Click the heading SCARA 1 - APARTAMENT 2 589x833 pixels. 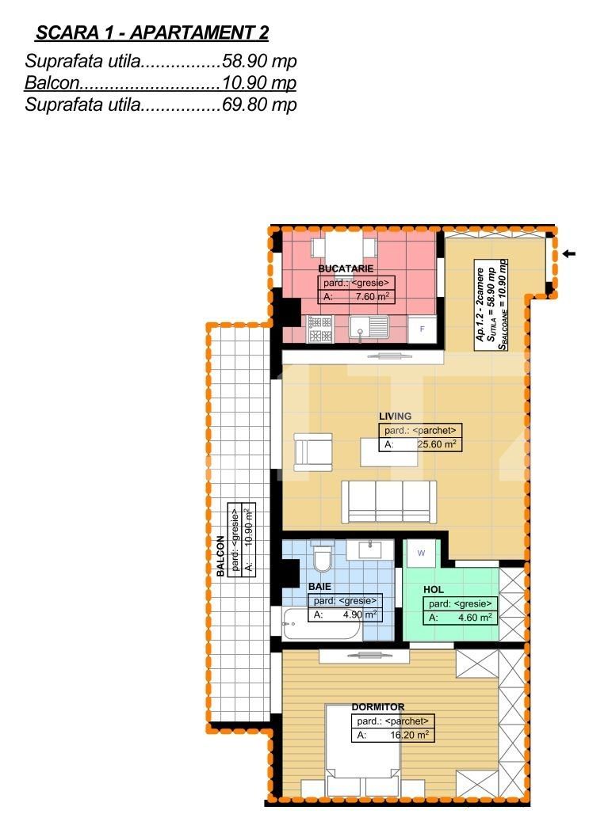152,32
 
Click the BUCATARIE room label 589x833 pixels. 345,269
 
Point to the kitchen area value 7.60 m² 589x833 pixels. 369,297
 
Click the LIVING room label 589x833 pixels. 395,416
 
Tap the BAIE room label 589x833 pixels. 320,588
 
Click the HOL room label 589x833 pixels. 433,590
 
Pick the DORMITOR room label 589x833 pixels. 378,707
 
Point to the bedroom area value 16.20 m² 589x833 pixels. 409,735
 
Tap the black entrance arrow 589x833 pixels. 570,254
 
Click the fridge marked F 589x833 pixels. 422,329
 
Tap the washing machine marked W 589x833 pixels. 421,553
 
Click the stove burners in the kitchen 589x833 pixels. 319,328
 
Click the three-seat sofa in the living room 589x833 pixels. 389,500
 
